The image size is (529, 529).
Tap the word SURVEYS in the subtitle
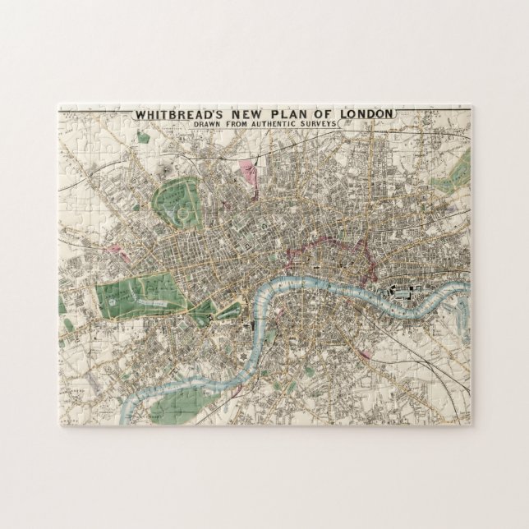[x=329, y=123]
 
